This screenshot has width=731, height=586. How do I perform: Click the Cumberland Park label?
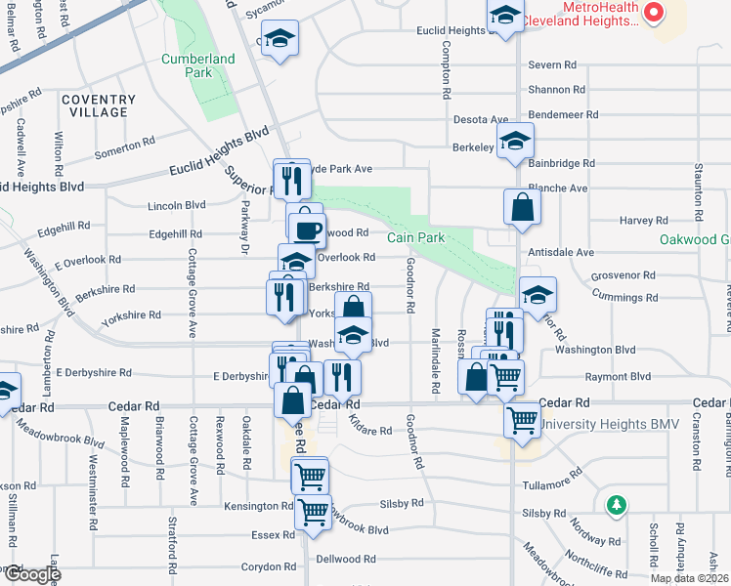(198, 65)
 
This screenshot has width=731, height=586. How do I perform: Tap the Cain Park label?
(415, 237)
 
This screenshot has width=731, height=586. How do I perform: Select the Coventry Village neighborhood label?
(98, 105)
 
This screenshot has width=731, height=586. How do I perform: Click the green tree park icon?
(616, 505)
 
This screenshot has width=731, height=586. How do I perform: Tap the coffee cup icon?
(307, 230)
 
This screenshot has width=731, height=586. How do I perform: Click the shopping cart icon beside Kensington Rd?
(313, 509)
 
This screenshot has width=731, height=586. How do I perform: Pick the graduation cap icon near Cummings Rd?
(537, 294)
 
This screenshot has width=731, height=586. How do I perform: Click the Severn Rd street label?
(552, 64)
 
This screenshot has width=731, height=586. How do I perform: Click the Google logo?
(31, 574)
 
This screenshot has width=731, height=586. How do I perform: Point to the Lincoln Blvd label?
(177, 205)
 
